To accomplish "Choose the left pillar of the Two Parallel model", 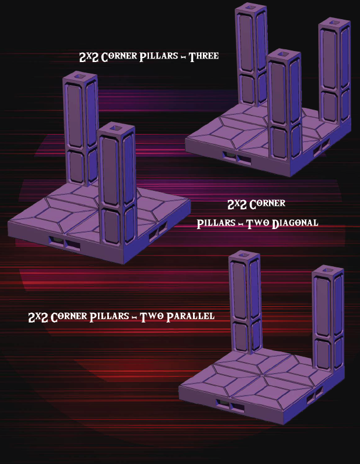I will [244, 304].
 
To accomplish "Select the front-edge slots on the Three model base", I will [237, 157].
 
